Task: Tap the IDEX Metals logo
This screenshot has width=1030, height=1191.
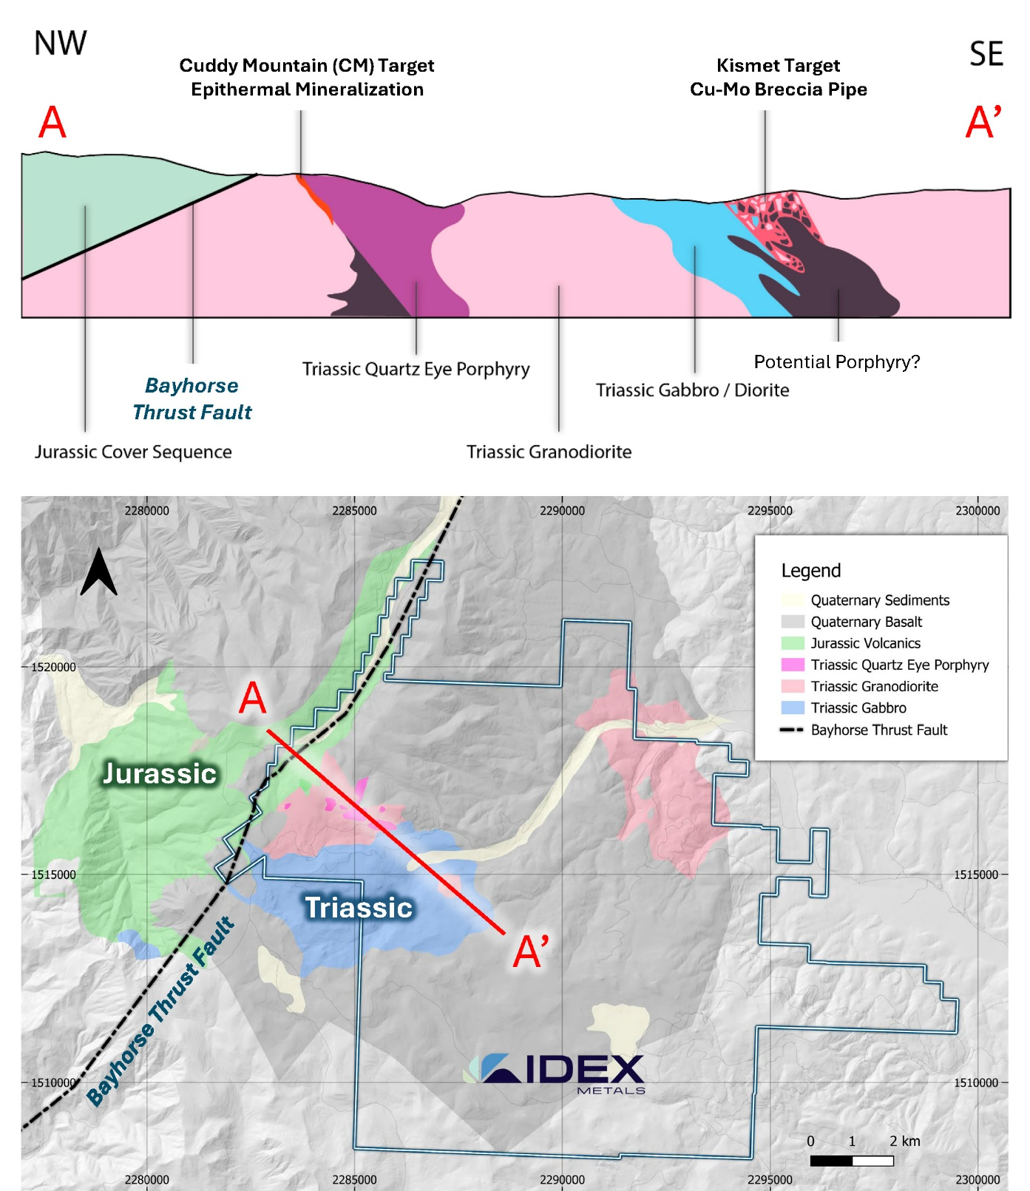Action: coord(555,1073)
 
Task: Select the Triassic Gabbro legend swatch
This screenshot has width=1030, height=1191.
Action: coord(793,708)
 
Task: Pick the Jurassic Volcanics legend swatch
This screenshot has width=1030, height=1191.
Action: coord(793,643)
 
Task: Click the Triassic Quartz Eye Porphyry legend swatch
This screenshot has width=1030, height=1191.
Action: coord(793,665)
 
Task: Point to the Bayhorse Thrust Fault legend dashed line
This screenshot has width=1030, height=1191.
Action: coord(792,730)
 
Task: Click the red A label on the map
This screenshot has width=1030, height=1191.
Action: coord(253,698)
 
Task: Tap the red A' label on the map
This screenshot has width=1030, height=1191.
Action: coord(531,951)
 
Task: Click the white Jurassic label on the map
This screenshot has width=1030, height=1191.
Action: coord(160,773)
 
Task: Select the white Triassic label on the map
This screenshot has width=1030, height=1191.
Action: coord(359,907)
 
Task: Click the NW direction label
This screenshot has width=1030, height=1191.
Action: coord(61,44)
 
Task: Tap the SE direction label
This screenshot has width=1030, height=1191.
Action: coord(986,54)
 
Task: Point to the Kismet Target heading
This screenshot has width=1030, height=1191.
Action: coord(779,66)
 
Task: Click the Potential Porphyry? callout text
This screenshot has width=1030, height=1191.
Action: coord(837,362)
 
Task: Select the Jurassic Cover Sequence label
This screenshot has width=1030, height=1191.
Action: coord(133,452)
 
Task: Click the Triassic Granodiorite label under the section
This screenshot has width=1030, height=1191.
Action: coord(549,452)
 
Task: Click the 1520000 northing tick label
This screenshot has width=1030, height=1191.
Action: coord(53,667)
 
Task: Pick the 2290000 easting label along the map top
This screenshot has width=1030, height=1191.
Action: coord(562,511)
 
